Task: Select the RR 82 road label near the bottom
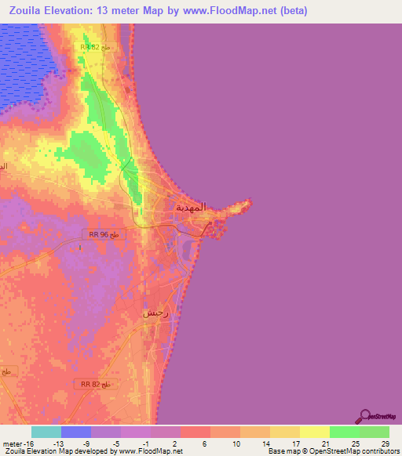pos(97,384)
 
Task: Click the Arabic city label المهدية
pos(190,208)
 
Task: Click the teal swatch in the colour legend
pos(46,432)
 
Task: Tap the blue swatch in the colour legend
pos(76,432)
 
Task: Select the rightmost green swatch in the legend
pos(374,432)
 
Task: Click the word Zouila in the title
pos(27,11)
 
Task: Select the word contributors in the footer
pos(377,452)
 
